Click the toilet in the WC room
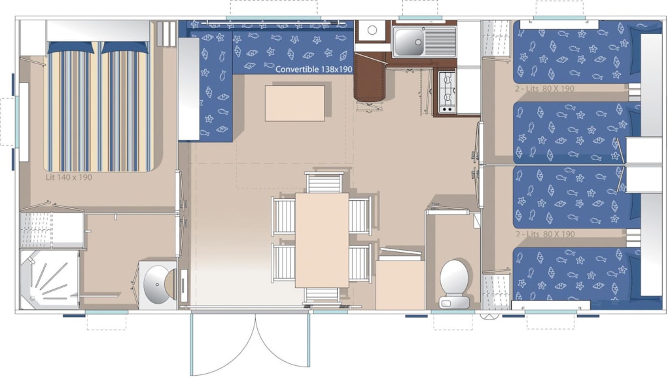click(455, 283)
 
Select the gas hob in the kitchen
click(447, 92)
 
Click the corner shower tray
click(49, 280)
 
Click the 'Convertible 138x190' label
click(313, 69)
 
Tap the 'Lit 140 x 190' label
click(69, 177)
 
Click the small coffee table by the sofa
click(295, 103)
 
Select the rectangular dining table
click(322, 240)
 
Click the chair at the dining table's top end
click(325, 183)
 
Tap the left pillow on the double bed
click(71, 47)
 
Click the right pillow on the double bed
click(124, 47)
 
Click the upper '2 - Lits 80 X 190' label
click(545, 89)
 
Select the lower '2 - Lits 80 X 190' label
click(545, 234)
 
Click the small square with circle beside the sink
click(372, 30)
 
